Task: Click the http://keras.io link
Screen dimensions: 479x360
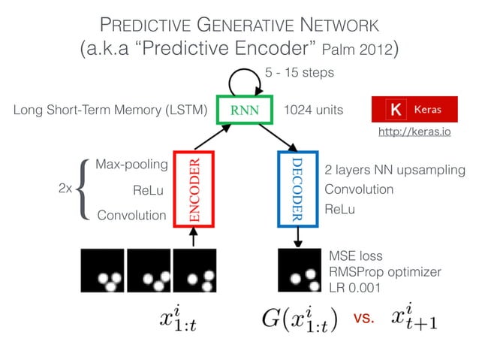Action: (414, 132)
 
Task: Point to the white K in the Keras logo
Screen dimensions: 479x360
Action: (396, 109)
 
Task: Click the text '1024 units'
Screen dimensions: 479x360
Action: (313, 110)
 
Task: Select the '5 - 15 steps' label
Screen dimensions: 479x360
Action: (300, 72)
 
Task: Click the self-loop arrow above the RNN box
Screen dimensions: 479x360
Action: (245, 70)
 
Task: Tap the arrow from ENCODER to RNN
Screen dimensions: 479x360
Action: (212, 137)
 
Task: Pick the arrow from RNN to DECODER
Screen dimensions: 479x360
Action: (278, 138)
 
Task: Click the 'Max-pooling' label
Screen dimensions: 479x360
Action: (131, 165)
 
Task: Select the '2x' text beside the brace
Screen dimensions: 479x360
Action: (65, 188)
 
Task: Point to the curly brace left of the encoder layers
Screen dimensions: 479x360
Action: (83, 189)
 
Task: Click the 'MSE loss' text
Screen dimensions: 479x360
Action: (356, 256)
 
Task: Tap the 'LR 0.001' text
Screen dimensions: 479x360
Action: (354, 288)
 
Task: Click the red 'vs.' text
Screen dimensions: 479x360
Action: (364, 318)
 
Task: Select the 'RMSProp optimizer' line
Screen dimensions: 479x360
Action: (385, 271)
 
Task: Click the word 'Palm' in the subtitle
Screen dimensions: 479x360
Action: (338, 50)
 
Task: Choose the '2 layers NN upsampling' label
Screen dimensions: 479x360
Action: (395, 170)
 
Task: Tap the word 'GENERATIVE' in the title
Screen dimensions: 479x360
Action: (245, 25)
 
